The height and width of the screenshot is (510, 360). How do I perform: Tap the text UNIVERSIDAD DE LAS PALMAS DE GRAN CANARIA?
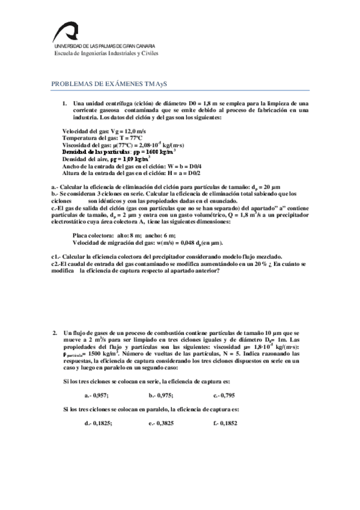pyautogui.click(x=104, y=46)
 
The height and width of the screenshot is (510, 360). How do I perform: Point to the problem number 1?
pyautogui.click(x=64, y=103)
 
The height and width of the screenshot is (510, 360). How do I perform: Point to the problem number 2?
pyautogui.click(x=55, y=333)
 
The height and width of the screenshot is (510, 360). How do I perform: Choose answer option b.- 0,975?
pyautogui.click(x=161, y=395)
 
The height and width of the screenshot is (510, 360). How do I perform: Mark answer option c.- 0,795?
pyautogui.click(x=225, y=395)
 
